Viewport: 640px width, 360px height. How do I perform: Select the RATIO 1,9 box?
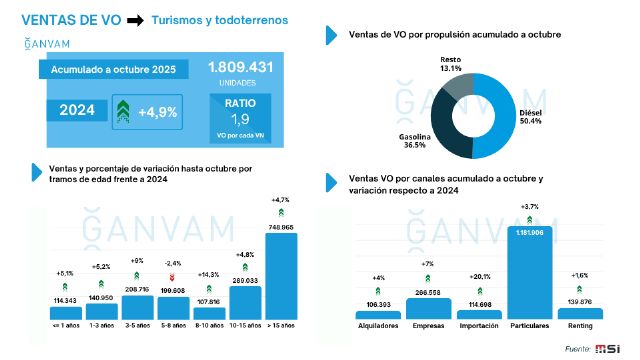(240, 112)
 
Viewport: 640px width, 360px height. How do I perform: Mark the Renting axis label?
(581, 327)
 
